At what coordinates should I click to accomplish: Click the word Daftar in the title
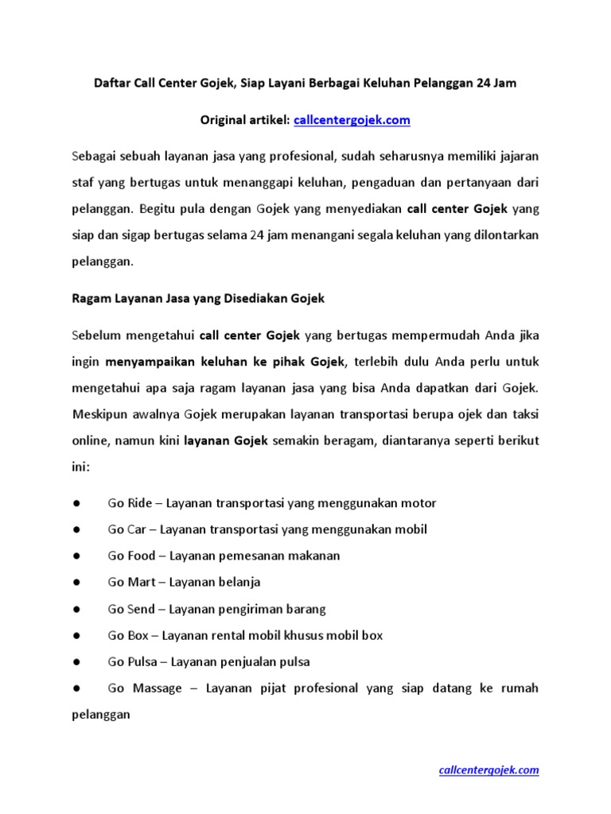112,83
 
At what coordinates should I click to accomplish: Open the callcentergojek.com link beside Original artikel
352,120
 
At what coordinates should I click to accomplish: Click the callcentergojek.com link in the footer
489,769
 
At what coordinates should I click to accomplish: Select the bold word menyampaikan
152,362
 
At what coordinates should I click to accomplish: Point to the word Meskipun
100,414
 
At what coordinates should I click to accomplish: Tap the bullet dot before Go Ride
76,503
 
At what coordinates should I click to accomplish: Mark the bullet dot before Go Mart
76,582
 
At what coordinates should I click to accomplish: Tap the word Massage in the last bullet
158,688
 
